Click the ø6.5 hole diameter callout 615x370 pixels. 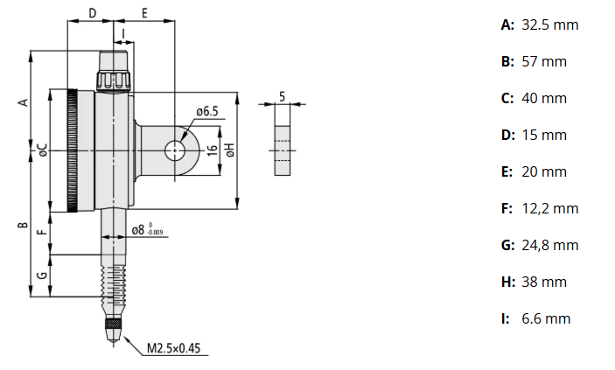(206, 111)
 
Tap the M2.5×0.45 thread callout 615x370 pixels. (173, 348)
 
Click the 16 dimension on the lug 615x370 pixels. (212, 150)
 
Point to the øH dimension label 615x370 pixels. (229, 150)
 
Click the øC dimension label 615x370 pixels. (41, 150)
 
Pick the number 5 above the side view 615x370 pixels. (282, 95)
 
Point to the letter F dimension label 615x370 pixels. (41, 233)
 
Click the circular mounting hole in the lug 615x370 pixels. (175, 150)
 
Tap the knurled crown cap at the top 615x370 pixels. (114, 70)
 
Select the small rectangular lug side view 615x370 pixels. (282, 140)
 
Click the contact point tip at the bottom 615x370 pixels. (113, 331)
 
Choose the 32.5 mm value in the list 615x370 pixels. (549, 24)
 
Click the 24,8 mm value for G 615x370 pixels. (549, 245)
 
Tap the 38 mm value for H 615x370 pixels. (543, 282)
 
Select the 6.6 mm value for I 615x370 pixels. (545, 318)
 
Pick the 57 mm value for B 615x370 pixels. (543, 61)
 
